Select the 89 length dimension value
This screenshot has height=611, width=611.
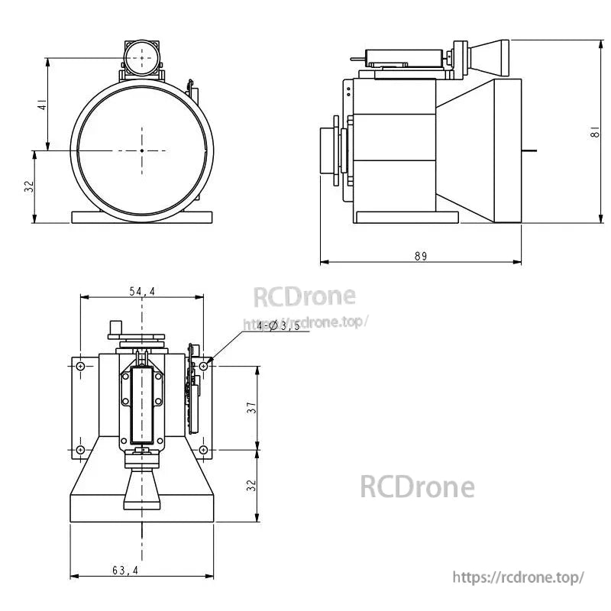click(x=421, y=256)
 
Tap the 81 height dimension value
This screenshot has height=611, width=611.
click(x=594, y=131)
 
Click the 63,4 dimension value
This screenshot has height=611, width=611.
click(x=124, y=570)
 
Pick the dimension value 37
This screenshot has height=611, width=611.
click(x=251, y=408)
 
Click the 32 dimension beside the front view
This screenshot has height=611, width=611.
click(x=29, y=187)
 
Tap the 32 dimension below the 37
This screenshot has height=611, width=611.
click(x=251, y=486)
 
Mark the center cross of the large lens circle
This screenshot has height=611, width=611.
click(x=142, y=150)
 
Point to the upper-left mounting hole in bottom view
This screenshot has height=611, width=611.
click(x=80, y=367)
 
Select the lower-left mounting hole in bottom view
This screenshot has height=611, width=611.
click(x=80, y=450)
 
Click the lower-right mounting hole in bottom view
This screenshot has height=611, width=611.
click(x=203, y=450)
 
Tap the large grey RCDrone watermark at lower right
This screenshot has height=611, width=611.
click(x=417, y=487)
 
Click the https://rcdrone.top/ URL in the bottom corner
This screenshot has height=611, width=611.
click(x=519, y=577)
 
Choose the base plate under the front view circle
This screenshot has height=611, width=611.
click(x=142, y=217)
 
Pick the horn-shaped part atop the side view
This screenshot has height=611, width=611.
click(x=489, y=58)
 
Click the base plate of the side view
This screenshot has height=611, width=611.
click(x=406, y=218)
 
